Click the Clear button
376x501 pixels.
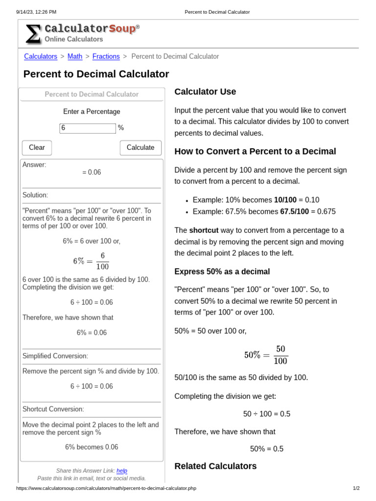(37, 147)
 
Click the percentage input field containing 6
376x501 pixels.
(88, 128)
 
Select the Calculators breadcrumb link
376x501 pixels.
(41, 56)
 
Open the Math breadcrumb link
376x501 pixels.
(75, 56)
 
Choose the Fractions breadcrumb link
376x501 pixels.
(106, 56)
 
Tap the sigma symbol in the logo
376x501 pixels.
(33, 34)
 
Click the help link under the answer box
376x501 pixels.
(122, 471)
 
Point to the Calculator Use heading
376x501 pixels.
(205, 91)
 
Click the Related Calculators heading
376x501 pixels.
(215, 466)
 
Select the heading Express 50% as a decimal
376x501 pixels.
(222, 272)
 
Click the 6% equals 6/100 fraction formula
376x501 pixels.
(92, 261)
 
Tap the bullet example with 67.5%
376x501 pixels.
(264, 211)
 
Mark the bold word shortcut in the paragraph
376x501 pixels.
(204, 230)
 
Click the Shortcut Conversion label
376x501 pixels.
(53, 409)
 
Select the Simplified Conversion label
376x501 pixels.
(55, 356)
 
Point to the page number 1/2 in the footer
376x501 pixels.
(356, 488)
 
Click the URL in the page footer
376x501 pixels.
(106, 488)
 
